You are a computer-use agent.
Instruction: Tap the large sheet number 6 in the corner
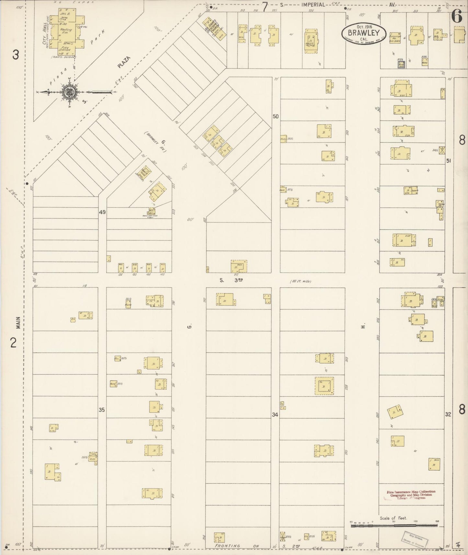point(457,17)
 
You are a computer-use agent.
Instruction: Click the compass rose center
point(69,92)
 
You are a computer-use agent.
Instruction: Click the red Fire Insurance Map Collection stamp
point(411,495)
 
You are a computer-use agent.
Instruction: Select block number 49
point(102,212)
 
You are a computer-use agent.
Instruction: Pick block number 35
point(102,410)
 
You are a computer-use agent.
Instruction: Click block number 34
point(275,414)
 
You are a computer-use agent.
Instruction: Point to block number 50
point(275,116)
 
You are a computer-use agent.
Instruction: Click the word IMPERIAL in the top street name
point(313,5)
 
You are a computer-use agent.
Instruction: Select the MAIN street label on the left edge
point(18,323)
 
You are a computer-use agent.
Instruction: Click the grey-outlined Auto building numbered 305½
point(401,64)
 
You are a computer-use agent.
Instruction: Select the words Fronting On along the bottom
point(238,546)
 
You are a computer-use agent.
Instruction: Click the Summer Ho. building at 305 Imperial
point(395,38)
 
